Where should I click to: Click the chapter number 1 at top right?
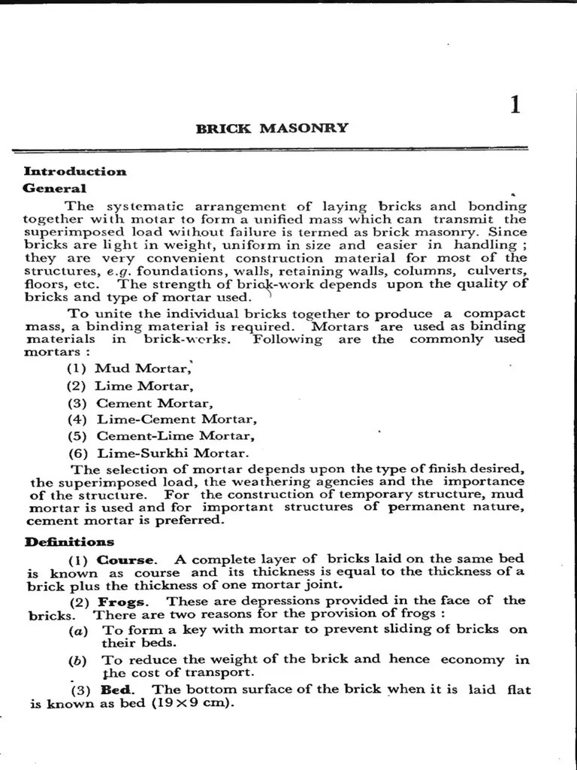(x=515, y=105)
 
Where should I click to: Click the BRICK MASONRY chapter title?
(x=272, y=128)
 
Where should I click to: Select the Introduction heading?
(x=75, y=171)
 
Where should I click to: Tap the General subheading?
(x=55, y=189)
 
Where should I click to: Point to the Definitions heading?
(x=69, y=541)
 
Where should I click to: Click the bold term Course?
(x=127, y=560)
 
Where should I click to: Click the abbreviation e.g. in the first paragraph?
(x=119, y=270)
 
